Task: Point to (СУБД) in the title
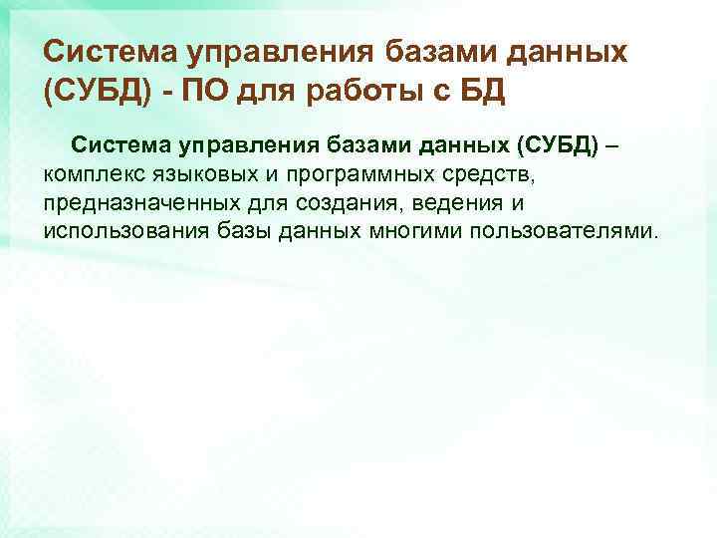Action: [x=91, y=94]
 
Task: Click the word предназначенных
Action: [x=134, y=204]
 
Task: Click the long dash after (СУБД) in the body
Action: [x=611, y=147]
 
